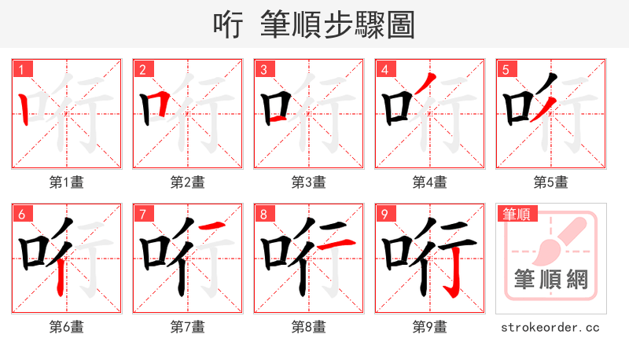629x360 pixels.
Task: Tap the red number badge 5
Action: pyautogui.click(x=506, y=69)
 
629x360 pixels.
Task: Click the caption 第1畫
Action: pyautogui.click(x=66, y=182)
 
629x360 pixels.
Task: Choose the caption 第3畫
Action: pyautogui.click(x=308, y=182)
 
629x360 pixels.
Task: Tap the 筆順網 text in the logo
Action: pyautogui.click(x=550, y=280)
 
